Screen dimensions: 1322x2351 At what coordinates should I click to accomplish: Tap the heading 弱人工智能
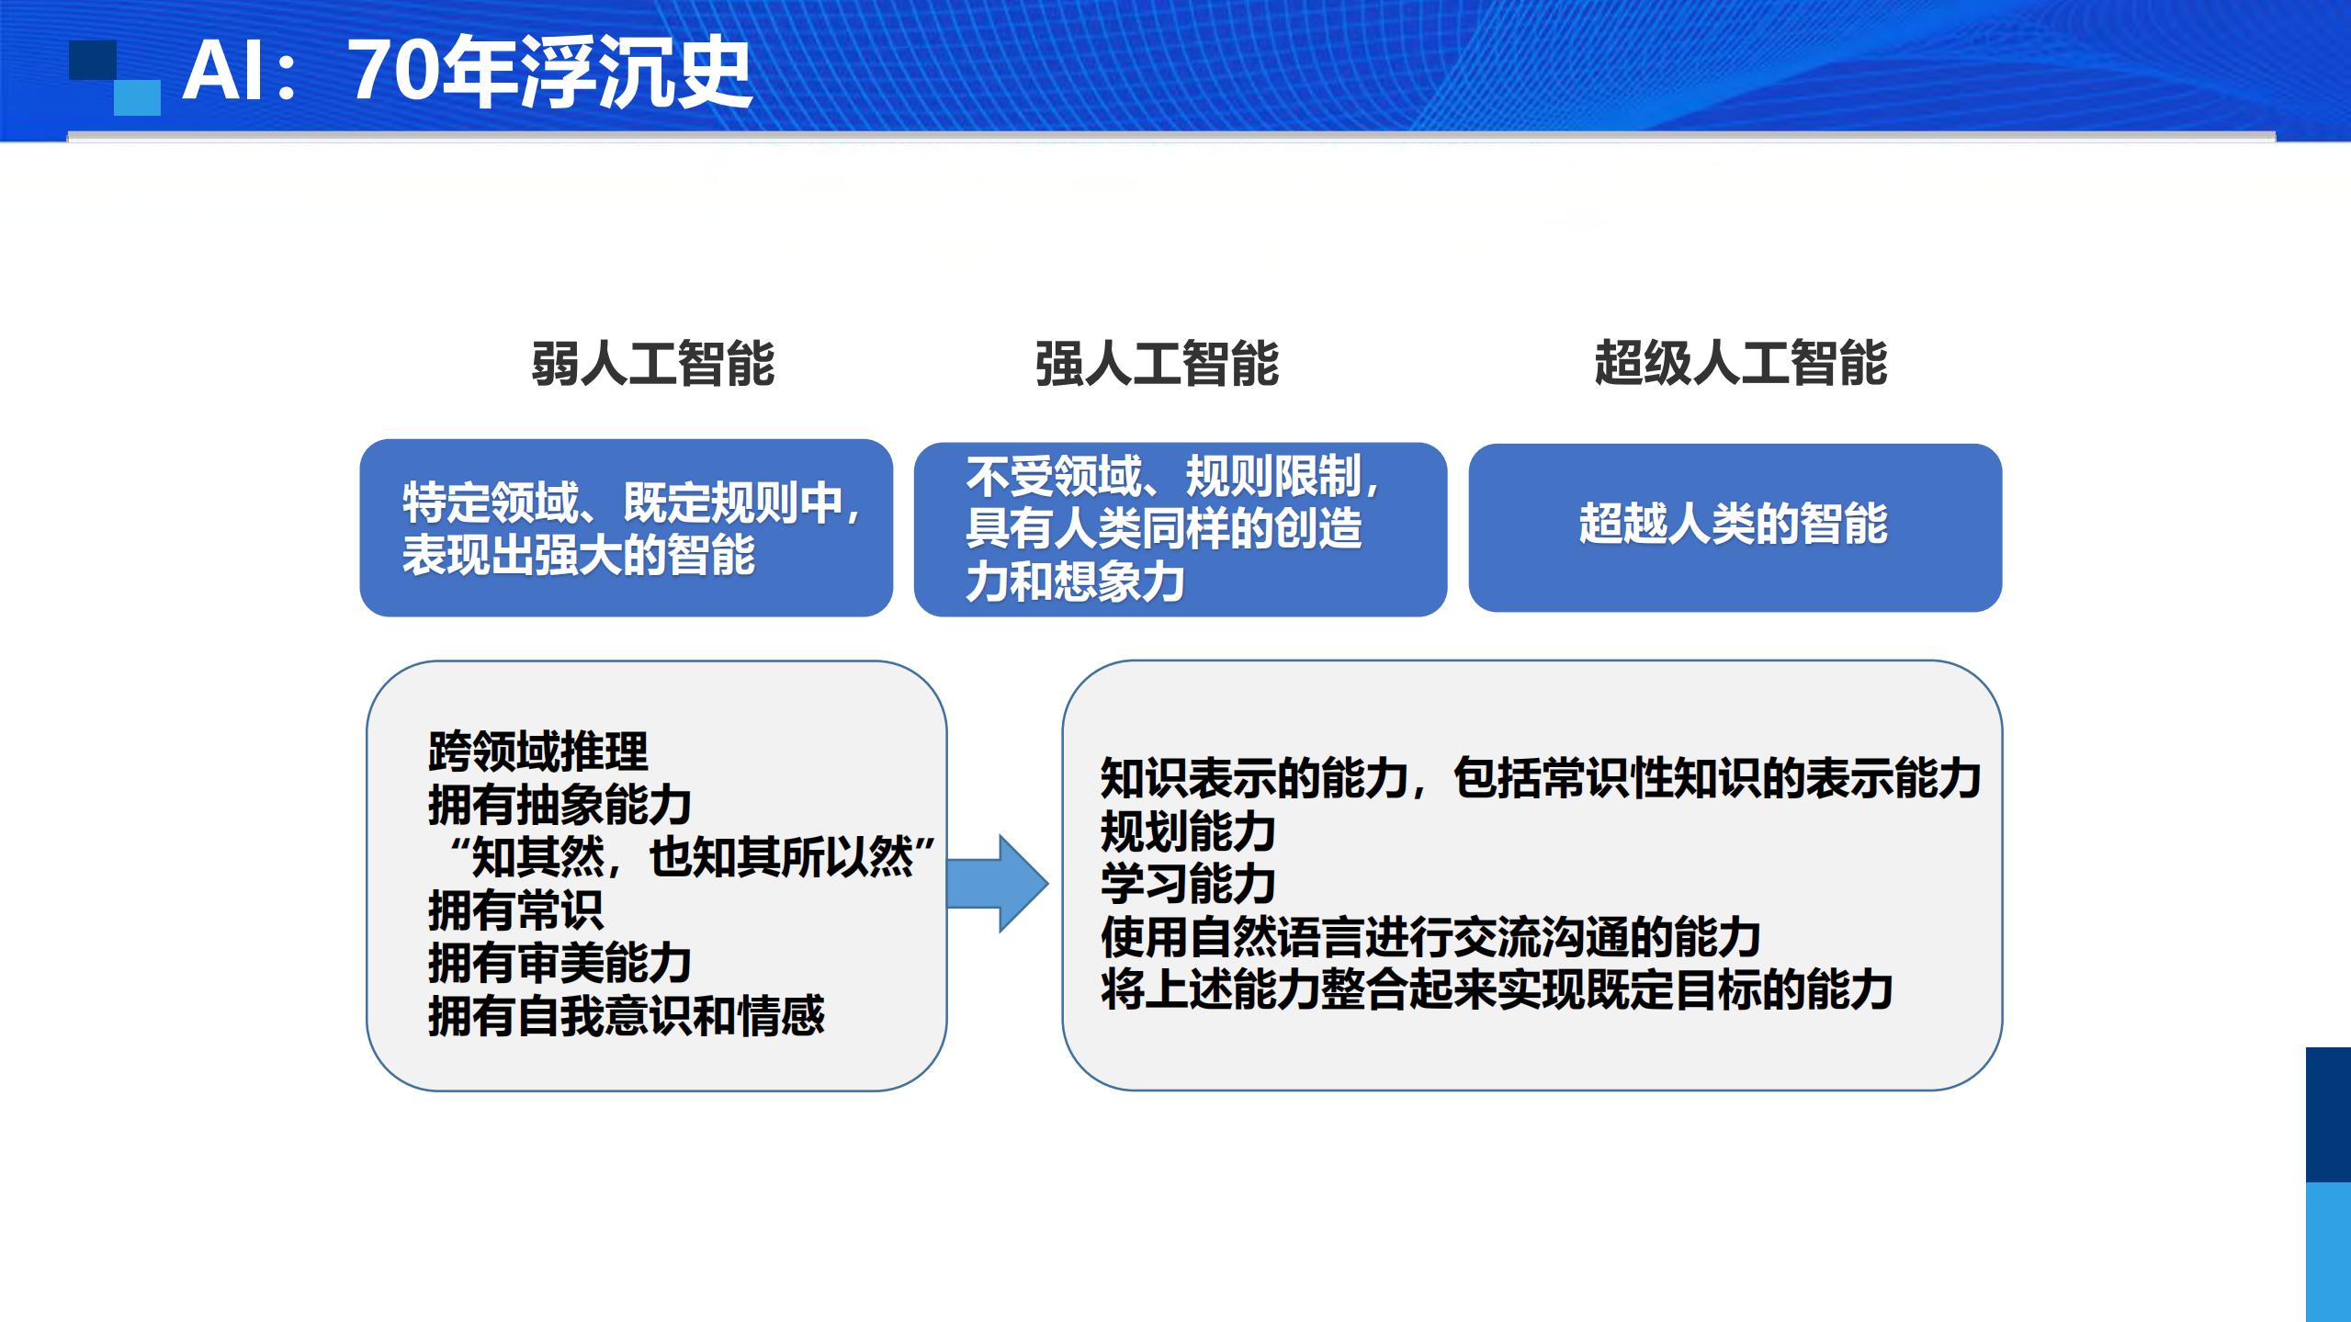[x=653, y=364]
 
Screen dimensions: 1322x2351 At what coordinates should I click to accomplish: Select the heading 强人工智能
[x=1157, y=364]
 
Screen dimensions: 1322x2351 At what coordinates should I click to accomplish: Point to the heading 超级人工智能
[x=1740, y=363]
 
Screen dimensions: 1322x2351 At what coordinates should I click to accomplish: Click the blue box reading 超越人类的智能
[x=1734, y=526]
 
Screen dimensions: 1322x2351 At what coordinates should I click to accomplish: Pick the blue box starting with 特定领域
[x=626, y=527]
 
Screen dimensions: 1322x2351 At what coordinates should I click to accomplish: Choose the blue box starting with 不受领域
[x=1180, y=529]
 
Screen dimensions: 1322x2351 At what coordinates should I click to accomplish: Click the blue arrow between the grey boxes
[x=997, y=883]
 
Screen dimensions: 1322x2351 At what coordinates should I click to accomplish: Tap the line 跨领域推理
[x=538, y=751]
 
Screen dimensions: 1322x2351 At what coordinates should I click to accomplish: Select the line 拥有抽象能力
[x=559, y=805]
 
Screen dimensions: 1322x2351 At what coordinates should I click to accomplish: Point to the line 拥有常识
[x=515, y=910]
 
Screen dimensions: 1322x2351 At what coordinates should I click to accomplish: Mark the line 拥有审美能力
[x=559, y=963]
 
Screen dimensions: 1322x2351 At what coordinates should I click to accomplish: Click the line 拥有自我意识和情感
[x=626, y=1016]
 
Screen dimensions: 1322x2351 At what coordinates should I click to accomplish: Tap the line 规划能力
[x=1187, y=831]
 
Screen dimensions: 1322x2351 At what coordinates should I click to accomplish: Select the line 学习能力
[x=1187, y=884]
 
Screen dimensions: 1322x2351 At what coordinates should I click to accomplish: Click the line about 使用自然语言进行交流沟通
[x=1430, y=937]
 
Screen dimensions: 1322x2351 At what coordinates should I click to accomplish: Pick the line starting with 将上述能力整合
[x=1496, y=990]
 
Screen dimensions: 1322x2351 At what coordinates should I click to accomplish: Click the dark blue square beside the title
[x=92, y=60]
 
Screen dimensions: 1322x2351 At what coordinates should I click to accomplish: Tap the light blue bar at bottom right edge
[x=2328, y=1251]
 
